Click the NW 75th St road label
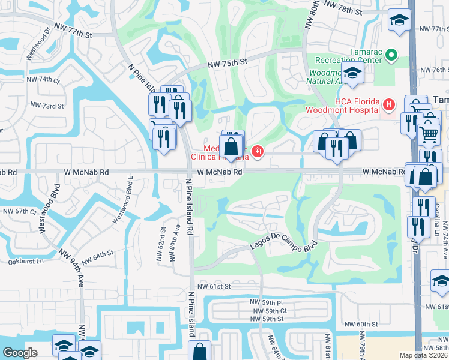pos(228,62)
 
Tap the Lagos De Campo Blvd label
pos(283,247)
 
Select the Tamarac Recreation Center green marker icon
pos(391,56)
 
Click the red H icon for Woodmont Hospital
pos(388,105)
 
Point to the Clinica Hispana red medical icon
pos(258,152)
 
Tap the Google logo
pos(20,352)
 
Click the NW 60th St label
pos(359,324)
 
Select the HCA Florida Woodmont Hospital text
pos(342,104)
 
